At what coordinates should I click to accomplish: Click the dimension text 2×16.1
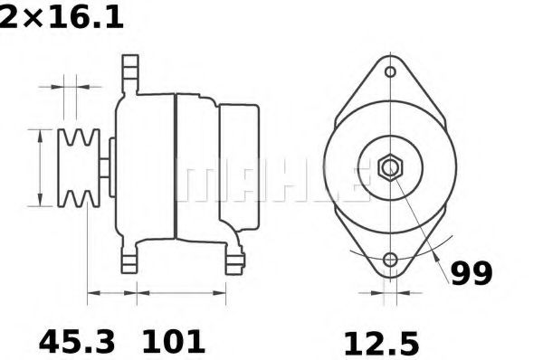(x=62, y=16)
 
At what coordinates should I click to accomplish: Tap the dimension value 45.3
(x=76, y=342)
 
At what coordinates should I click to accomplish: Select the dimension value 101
(x=172, y=342)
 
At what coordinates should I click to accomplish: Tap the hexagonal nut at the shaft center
(x=391, y=168)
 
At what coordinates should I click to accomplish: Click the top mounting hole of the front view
(x=391, y=72)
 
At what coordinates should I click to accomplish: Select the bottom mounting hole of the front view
(x=391, y=261)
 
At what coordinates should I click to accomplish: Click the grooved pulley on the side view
(x=77, y=167)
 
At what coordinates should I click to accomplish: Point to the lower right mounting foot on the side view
(x=234, y=260)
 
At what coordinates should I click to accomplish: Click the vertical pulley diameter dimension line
(x=41, y=167)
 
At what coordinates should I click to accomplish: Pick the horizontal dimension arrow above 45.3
(x=111, y=293)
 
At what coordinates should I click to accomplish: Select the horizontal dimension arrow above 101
(x=181, y=293)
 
